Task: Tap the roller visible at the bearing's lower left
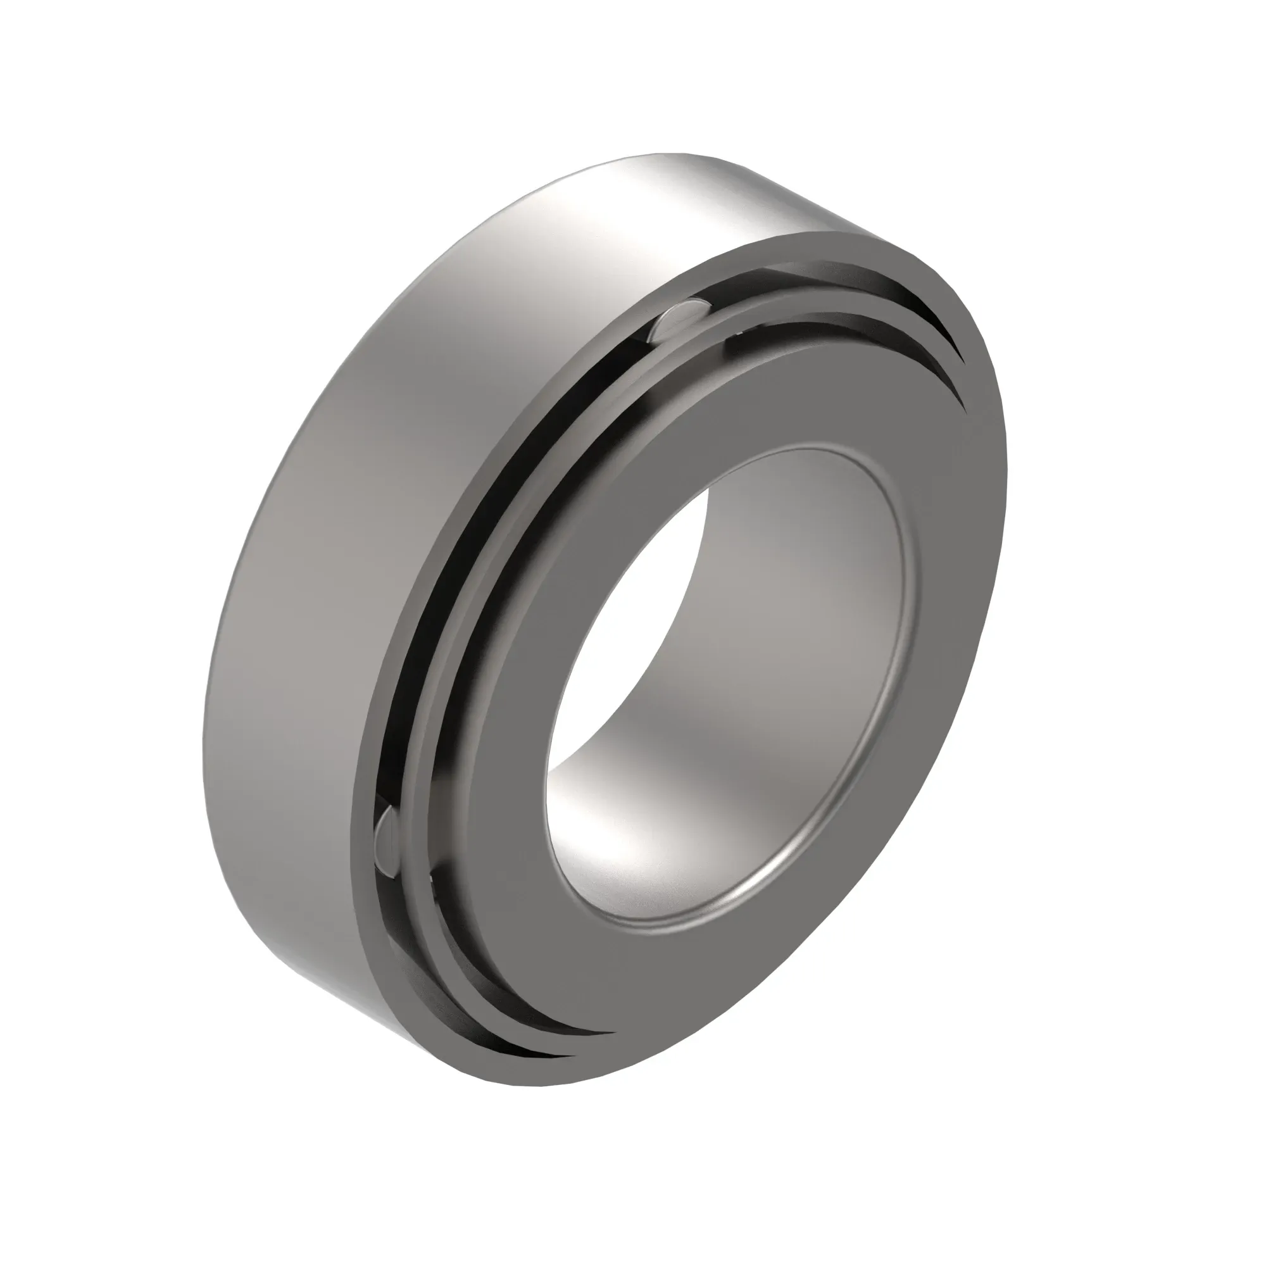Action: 388,842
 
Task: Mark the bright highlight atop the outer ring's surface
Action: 655,197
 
